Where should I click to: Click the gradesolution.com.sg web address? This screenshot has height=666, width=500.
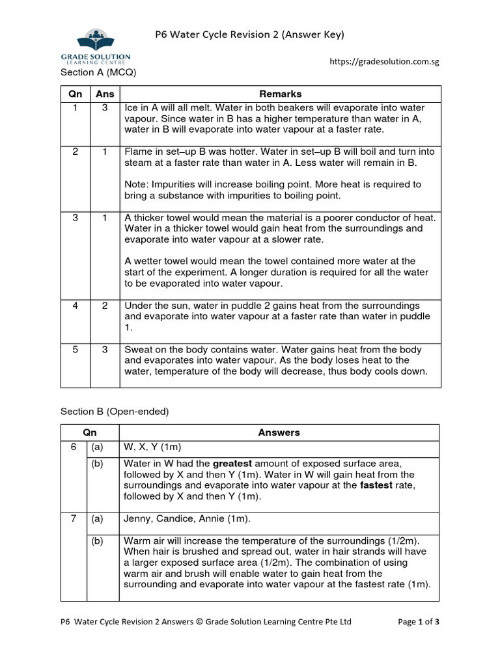pyautogui.click(x=384, y=62)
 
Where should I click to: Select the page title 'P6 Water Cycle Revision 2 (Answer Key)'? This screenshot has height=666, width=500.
pyautogui.click(x=249, y=34)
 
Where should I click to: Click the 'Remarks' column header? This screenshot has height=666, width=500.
pyautogui.click(x=281, y=94)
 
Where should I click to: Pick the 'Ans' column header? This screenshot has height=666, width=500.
pyautogui.click(x=105, y=94)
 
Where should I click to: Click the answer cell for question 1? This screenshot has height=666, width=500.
pyautogui.click(x=105, y=107)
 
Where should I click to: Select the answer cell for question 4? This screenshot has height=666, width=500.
pyautogui.click(x=105, y=306)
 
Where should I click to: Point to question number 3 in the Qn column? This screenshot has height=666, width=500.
pyautogui.click(x=76, y=218)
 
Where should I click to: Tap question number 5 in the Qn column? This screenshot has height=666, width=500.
pyautogui.click(x=76, y=349)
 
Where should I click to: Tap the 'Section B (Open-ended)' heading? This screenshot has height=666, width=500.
pyautogui.click(x=115, y=411)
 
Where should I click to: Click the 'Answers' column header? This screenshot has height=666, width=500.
pyautogui.click(x=279, y=433)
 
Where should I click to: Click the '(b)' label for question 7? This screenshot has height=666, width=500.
pyautogui.click(x=97, y=541)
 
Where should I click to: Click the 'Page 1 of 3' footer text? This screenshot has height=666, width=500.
pyautogui.click(x=418, y=622)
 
